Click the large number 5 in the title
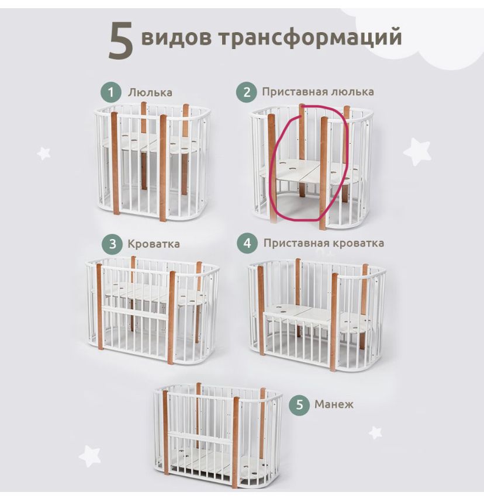(x=121, y=40)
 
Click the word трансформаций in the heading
(x=310, y=36)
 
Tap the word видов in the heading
(x=176, y=36)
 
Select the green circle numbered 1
(x=110, y=92)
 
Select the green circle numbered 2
(x=246, y=92)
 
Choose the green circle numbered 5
(x=299, y=404)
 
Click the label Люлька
(x=150, y=92)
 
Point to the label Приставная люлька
(x=317, y=92)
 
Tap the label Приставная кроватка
(x=323, y=242)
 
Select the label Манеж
(x=334, y=404)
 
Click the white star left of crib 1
(x=44, y=153)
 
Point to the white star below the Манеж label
(x=375, y=432)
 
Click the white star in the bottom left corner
(x=90, y=455)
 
